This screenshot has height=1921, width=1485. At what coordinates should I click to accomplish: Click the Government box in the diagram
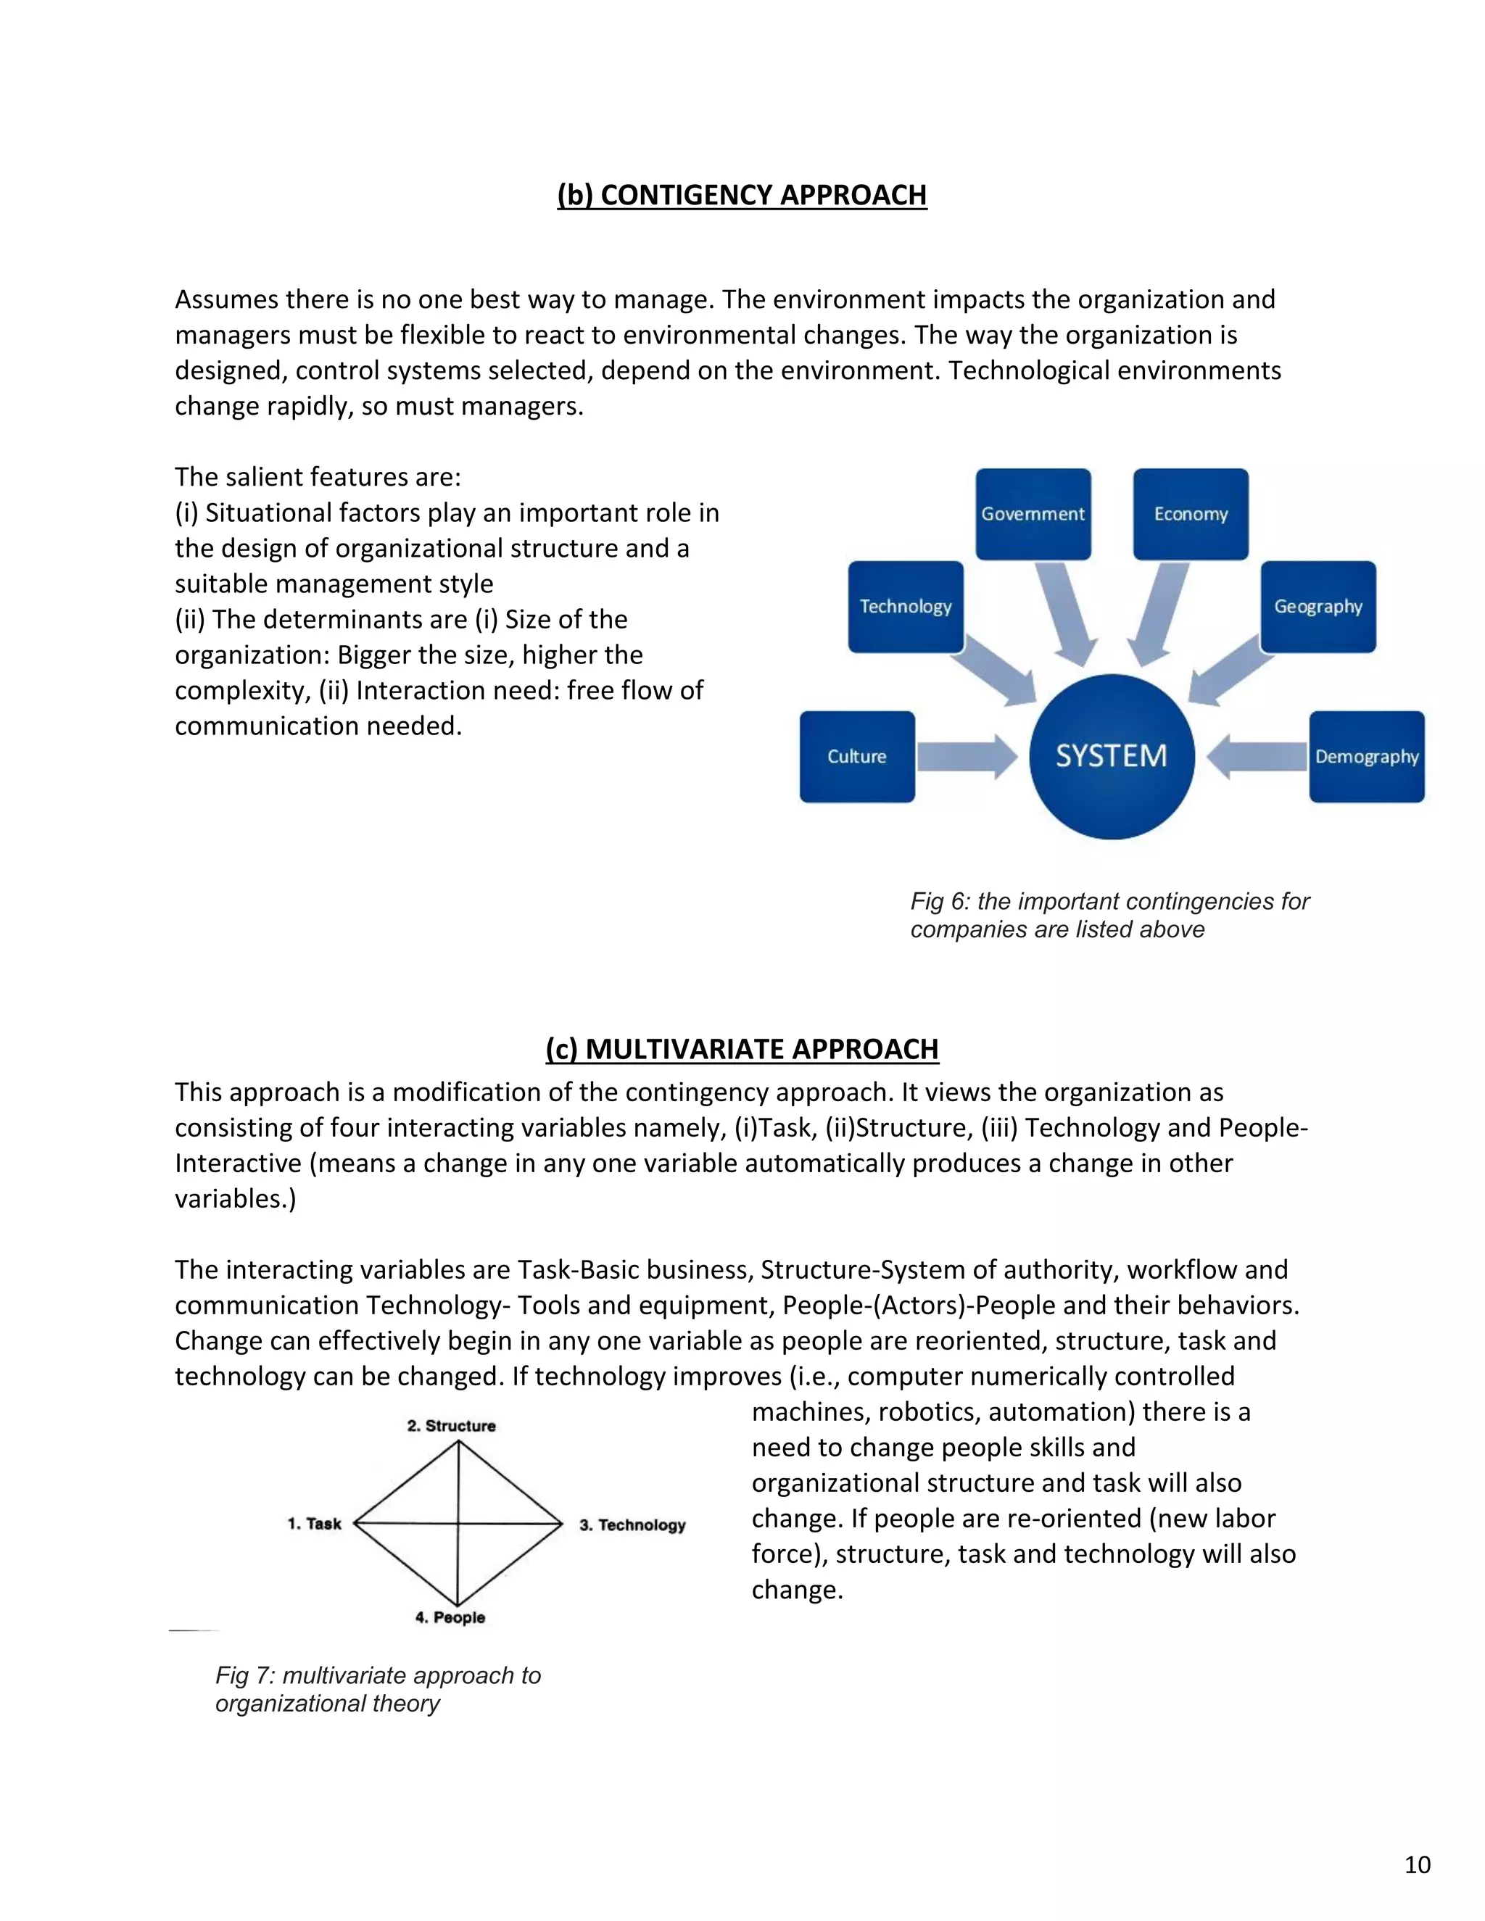pyautogui.click(x=1033, y=514)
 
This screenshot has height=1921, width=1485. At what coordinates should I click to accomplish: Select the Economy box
pyautogui.click(x=1191, y=514)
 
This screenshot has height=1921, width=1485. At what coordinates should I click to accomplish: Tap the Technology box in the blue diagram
pyautogui.click(x=905, y=606)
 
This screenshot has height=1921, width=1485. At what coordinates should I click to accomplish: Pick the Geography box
pyautogui.click(x=1318, y=606)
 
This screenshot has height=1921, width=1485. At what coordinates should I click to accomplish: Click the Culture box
pyautogui.click(x=857, y=756)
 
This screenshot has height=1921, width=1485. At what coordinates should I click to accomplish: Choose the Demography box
pyautogui.click(x=1366, y=756)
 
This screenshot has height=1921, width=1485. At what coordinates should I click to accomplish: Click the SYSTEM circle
pyautogui.click(x=1111, y=756)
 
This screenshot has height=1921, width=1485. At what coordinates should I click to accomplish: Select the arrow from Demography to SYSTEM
pyautogui.click(x=1257, y=756)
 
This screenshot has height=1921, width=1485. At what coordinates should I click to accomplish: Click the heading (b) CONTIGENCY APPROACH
pyautogui.click(x=742, y=194)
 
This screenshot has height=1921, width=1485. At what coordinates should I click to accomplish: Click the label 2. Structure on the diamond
pyautogui.click(x=451, y=1426)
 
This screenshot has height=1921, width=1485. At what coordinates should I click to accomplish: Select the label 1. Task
pyautogui.click(x=314, y=1524)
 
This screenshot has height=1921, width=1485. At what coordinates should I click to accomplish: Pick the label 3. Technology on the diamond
pyautogui.click(x=632, y=1524)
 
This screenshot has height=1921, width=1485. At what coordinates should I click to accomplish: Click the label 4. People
pyautogui.click(x=450, y=1617)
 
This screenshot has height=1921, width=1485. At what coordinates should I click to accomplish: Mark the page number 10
pyautogui.click(x=1416, y=1864)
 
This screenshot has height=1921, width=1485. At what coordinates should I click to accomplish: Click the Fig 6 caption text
pyautogui.click(x=1109, y=915)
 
